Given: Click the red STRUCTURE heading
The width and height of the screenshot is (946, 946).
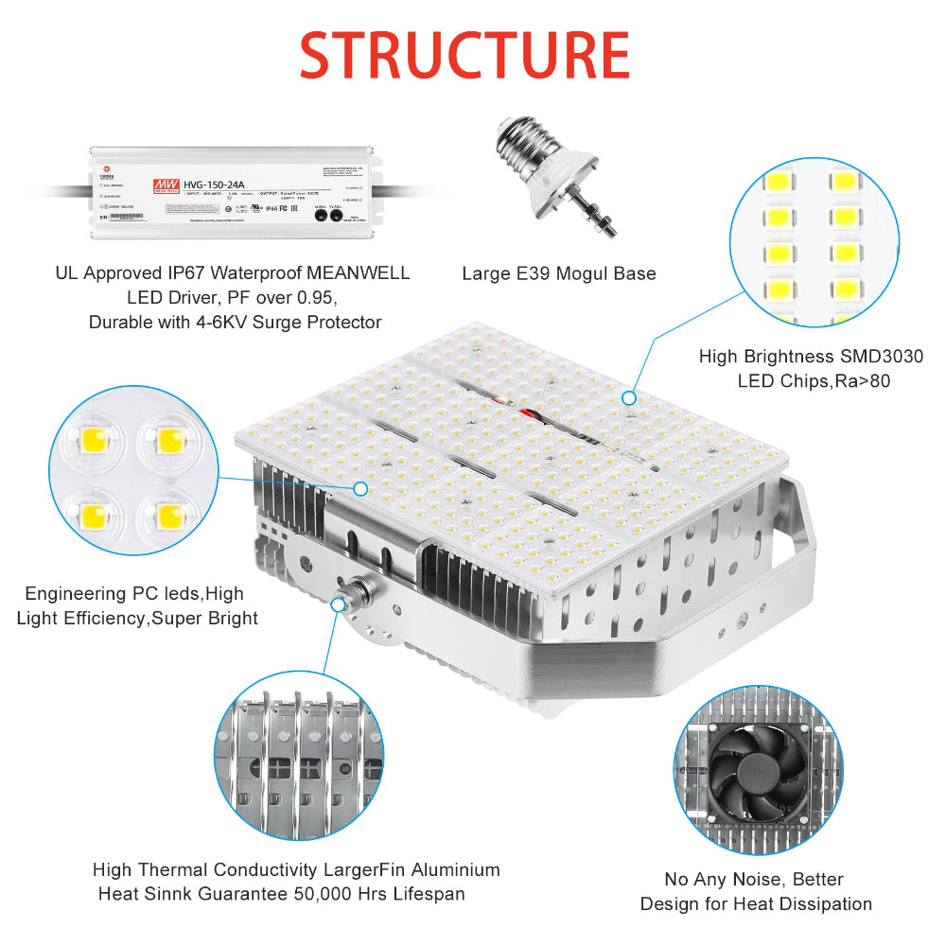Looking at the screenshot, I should pyautogui.click(x=464, y=55).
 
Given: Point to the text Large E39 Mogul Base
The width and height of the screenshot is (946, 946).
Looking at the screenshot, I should pyautogui.click(x=558, y=273).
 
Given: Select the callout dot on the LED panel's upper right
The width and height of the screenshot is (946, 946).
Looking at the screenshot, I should pyautogui.click(x=629, y=399).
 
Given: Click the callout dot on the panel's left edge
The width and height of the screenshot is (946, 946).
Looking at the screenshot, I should pyautogui.click(x=360, y=488).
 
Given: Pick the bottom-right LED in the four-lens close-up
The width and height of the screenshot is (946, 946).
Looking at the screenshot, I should pyautogui.click(x=171, y=515).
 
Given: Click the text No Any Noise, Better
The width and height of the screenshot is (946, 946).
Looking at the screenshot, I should pyautogui.click(x=755, y=879).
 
